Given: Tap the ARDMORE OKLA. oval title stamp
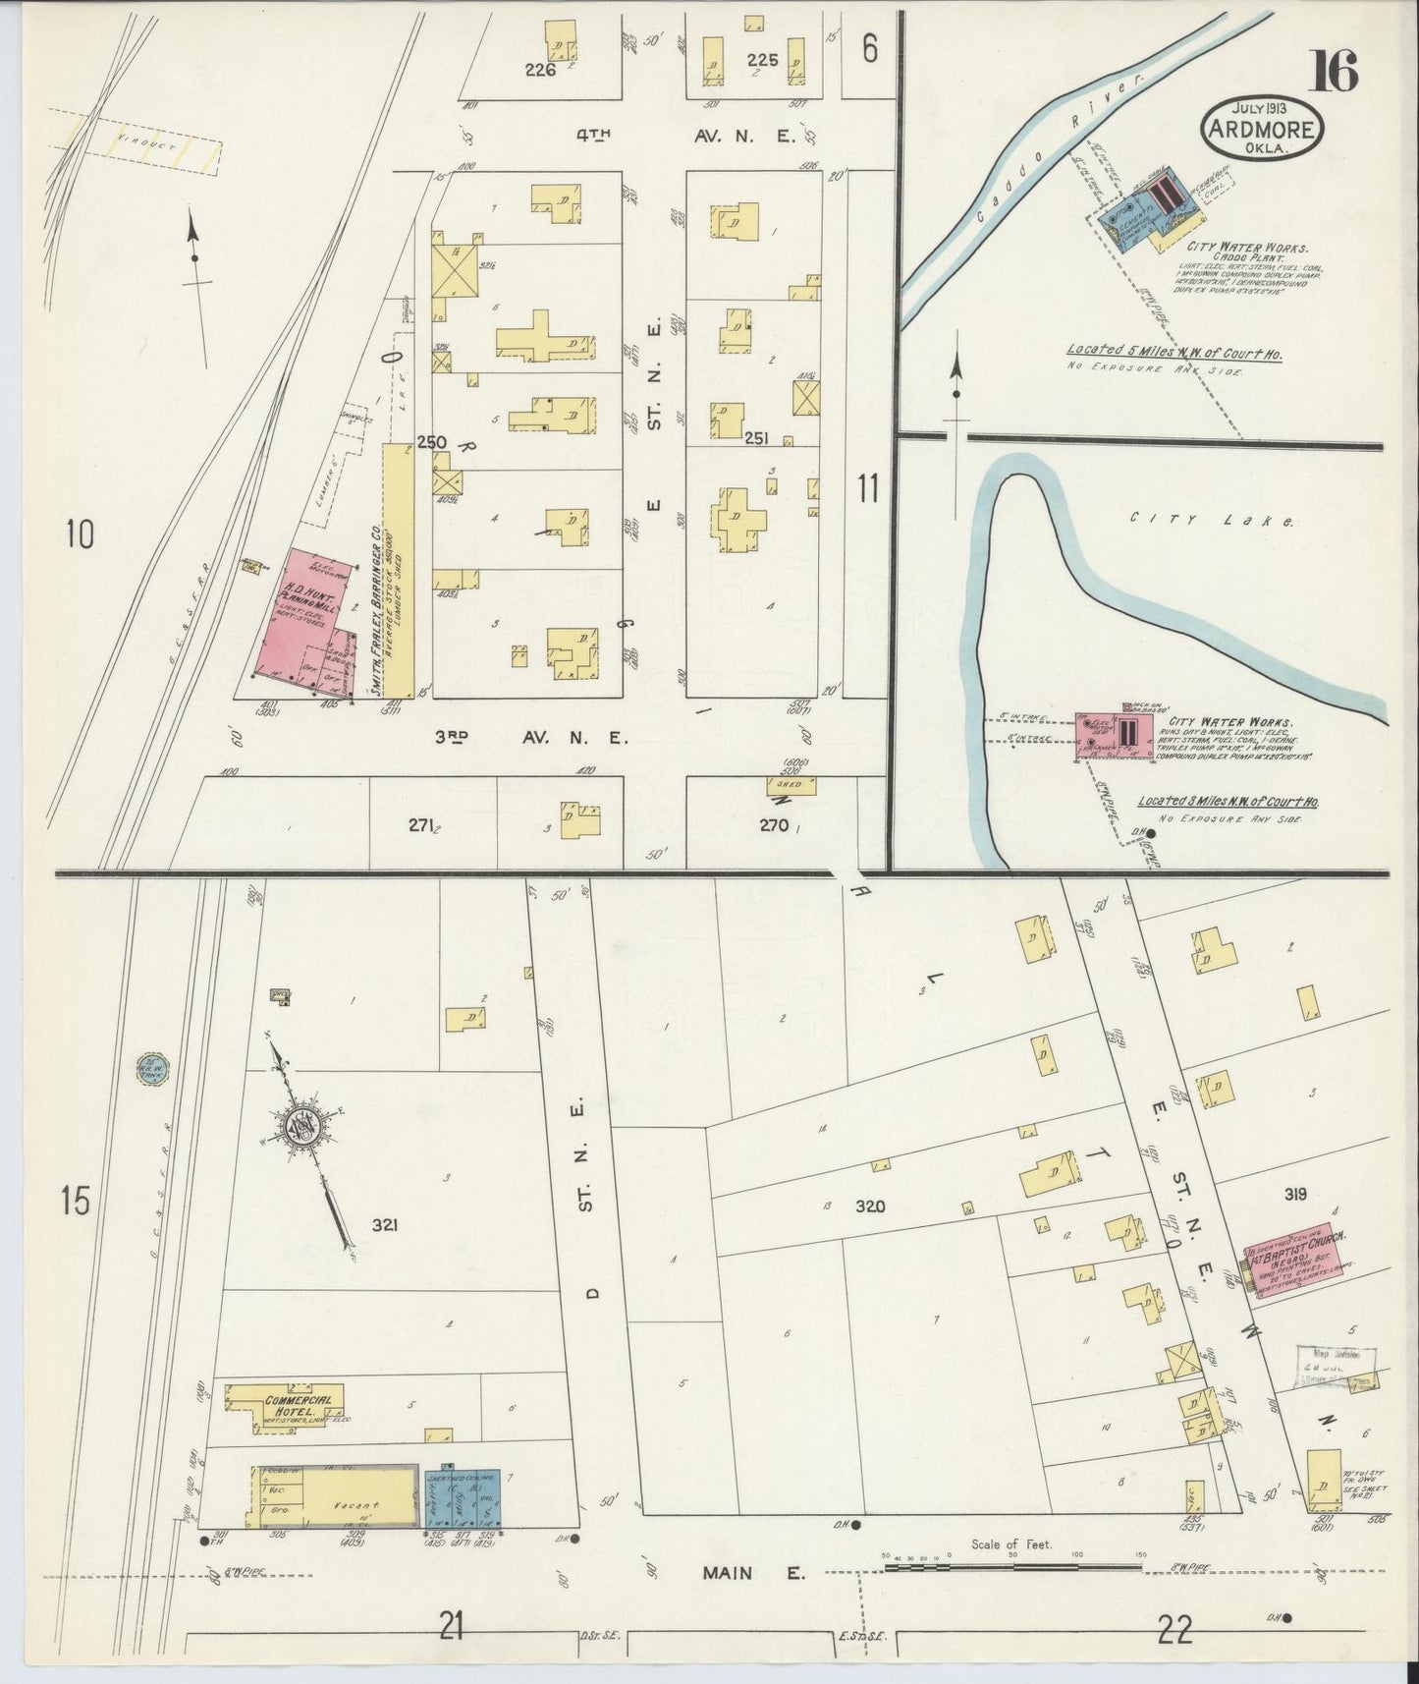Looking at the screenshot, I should pyautogui.click(x=1262, y=127).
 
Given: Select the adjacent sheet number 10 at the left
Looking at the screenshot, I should pyautogui.click(x=80, y=534).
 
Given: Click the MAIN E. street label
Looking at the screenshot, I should pyautogui.click(x=753, y=1573).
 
